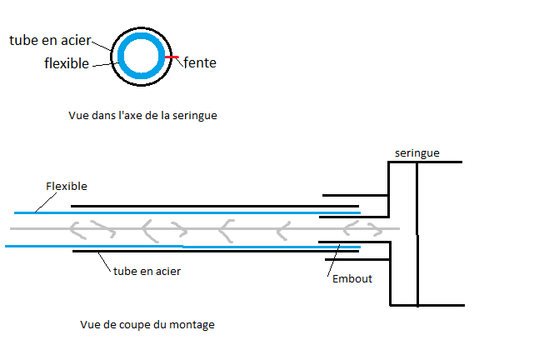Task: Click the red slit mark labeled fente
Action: coord(172,57)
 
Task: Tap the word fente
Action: coord(199,62)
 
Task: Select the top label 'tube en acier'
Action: coord(49,40)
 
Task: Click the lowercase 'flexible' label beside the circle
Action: coord(67,63)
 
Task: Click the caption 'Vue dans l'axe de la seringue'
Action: coord(142,116)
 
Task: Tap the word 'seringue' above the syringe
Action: coord(417,152)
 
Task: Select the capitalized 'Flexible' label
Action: coord(67,186)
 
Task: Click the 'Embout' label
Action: coord(352,278)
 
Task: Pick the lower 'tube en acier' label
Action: coord(147,271)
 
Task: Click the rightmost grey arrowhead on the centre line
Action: coord(372,228)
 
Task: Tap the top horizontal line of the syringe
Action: coord(425,162)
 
